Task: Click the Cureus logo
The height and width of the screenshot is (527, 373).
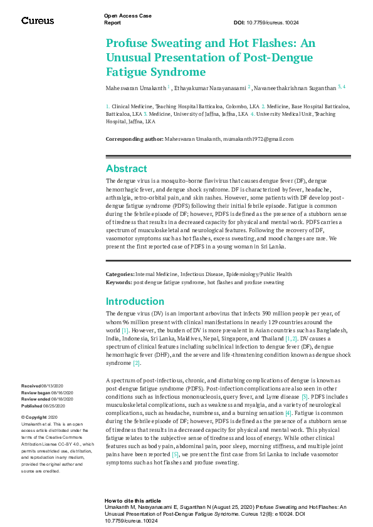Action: coord(38,21)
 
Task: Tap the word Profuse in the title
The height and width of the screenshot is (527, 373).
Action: coord(130,44)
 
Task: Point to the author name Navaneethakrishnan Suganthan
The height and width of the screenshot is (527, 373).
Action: coord(296,88)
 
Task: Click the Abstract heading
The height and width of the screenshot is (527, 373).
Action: coord(127,168)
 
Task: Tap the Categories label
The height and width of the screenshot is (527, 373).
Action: coord(119,274)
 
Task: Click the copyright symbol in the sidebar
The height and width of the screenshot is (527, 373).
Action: coord(23,417)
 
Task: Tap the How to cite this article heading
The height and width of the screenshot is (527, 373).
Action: coord(133,501)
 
